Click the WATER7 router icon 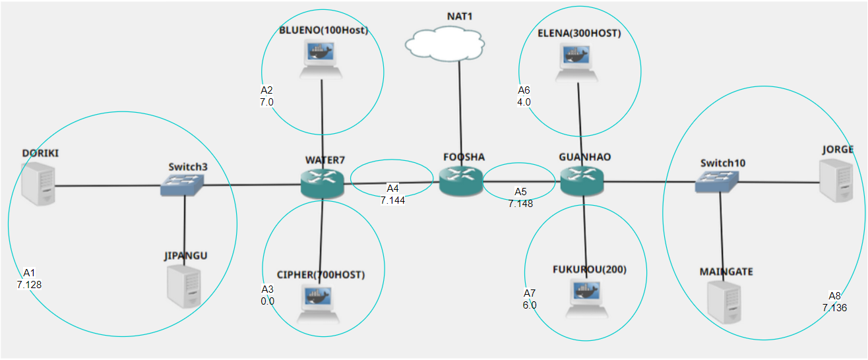point(323,183)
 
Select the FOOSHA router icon point(461,181)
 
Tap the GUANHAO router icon point(582,181)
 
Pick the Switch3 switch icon point(183,186)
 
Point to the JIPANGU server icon point(184,287)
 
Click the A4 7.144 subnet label point(392,195)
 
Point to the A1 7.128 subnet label point(30,279)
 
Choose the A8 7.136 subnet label point(834,302)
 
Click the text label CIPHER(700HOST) point(321,274)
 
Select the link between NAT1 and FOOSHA point(459,112)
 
